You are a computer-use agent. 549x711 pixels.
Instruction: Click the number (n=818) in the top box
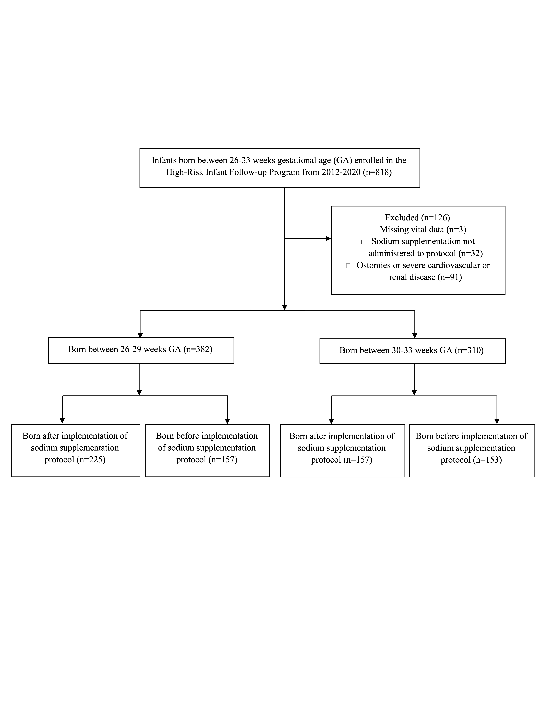(377, 172)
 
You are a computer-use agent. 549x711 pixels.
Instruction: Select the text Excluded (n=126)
(417, 218)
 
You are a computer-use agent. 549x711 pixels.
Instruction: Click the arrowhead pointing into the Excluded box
(329, 239)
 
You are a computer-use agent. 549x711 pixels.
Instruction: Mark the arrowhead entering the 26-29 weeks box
(140, 335)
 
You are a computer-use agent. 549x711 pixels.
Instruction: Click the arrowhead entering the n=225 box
(62, 421)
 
